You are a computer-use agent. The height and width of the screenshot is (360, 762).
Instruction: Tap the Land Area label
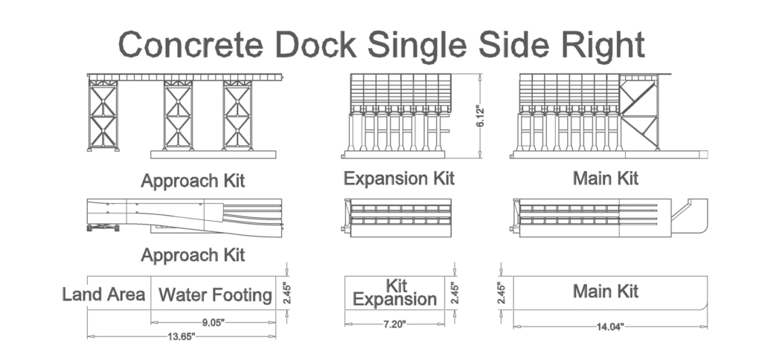click(x=103, y=295)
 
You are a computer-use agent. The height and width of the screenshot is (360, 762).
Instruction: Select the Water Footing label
click(x=215, y=295)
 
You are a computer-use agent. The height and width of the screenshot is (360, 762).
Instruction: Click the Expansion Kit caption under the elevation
click(x=399, y=179)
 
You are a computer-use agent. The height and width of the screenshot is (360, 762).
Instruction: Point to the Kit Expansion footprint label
click(x=394, y=293)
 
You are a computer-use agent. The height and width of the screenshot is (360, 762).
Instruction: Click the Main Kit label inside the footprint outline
click(x=606, y=291)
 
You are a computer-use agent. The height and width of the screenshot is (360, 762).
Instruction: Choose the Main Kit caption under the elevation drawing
click(x=606, y=179)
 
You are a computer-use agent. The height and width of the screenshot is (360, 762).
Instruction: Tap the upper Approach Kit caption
click(x=193, y=181)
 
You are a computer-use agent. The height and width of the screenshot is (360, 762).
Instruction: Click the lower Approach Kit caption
click(x=193, y=256)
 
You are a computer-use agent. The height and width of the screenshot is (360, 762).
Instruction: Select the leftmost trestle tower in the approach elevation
click(x=103, y=115)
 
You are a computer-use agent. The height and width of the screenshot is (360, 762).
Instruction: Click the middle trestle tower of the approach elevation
click(x=178, y=115)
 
